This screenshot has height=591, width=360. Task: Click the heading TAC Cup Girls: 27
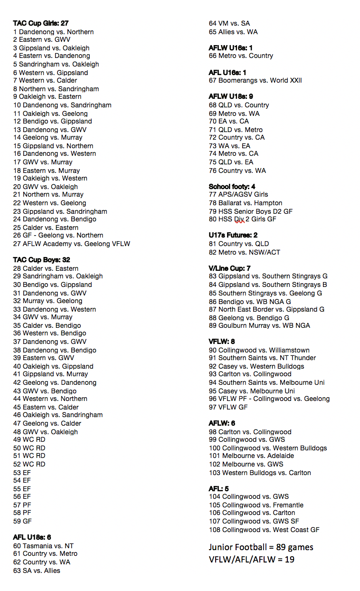41,23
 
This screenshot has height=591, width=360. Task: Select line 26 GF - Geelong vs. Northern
58,236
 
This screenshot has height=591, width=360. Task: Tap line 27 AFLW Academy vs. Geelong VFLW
71,244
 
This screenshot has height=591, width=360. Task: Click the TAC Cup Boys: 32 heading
41,260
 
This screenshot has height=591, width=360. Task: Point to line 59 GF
22,521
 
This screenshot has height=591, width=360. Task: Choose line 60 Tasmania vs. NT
43,546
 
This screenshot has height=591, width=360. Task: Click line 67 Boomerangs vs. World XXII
255,80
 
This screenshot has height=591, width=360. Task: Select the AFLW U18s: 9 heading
231,96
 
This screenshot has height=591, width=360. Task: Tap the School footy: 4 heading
232,187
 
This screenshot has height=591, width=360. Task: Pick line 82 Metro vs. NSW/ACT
245,252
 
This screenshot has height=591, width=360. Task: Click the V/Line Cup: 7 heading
229,268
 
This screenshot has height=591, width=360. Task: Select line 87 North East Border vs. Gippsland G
266,309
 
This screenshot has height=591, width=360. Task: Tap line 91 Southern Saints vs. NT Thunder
262,358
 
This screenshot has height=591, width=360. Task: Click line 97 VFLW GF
228,407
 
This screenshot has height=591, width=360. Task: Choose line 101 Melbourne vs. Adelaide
251,456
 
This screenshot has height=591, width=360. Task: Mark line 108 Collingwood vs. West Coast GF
264,530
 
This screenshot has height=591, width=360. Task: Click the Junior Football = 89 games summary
261,547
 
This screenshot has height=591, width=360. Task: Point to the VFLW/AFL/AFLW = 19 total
251,559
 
